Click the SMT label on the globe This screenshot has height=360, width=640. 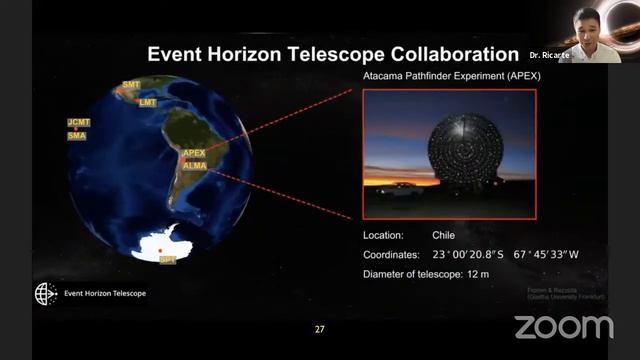[x=131, y=86]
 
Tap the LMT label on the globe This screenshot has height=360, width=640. [x=148, y=102]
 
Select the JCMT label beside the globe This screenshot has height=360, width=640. [x=78, y=123]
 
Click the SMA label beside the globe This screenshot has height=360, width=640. [x=77, y=135]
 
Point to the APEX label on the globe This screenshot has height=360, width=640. [x=194, y=154]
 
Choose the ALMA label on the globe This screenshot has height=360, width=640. [x=194, y=166]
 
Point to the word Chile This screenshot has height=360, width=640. [x=443, y=235]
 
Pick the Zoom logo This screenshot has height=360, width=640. [x=563, y=326]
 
